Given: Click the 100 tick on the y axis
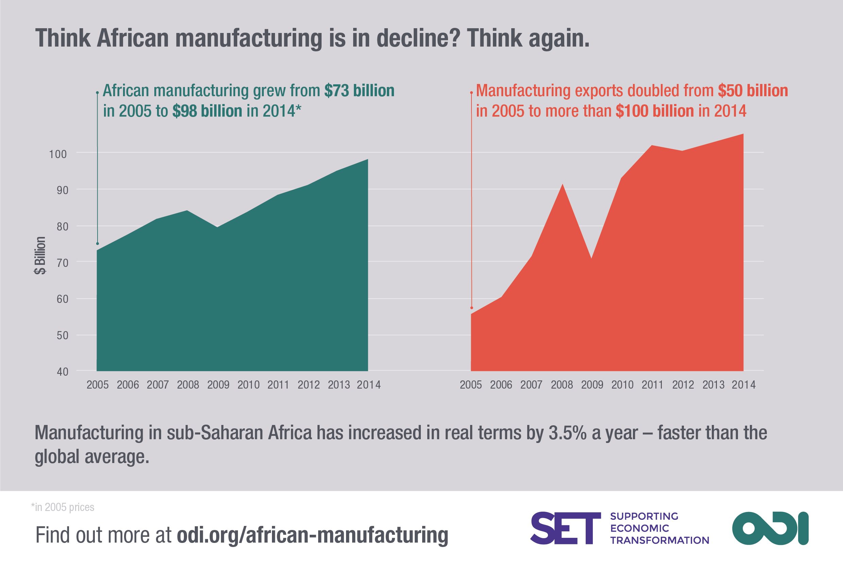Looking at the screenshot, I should click(x=58, y=154).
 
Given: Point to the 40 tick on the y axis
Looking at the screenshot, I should click(x=62, y=372).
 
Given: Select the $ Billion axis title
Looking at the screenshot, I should click(x=40, y=256).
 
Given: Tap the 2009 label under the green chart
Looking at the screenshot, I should click(x=218, y=385).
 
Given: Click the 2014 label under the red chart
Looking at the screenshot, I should click(x=744, y=385).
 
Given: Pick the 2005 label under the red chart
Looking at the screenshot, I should click(x=471, y=385).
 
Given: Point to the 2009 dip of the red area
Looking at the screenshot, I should click(x=591, y=258).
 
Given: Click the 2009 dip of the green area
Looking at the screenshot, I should click(x=217, y=227).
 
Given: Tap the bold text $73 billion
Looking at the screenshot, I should click(x=359, y=91).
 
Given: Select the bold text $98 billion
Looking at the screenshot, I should click(x=207, y=111).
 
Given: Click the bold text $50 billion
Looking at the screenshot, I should click(x=753, y=91).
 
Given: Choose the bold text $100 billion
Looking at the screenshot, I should click(x=654, y=111).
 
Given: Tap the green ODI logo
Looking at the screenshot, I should click(x=770, y=528).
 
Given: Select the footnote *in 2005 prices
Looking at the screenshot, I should click(x=63, y=507).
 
